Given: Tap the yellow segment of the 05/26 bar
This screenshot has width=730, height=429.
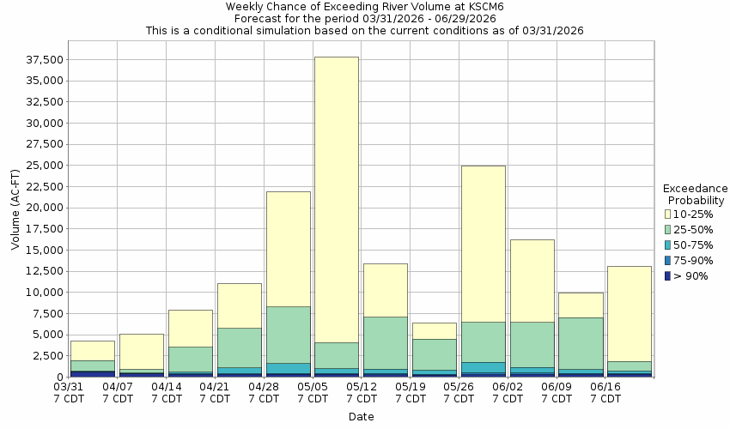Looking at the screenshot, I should click(x=483, y=244).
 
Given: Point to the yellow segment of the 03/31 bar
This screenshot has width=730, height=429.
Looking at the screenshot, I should click(x=93, y=351).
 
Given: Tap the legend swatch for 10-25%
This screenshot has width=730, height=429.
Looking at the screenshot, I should click(x=668, y=214).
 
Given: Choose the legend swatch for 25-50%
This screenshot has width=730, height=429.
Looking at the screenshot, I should click(x=668, y=229).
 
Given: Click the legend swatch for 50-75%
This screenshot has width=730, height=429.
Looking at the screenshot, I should click(x=668, y=245).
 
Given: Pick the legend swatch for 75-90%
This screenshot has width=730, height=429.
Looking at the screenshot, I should click(x=668, y=260).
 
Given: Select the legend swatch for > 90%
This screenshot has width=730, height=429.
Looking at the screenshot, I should click(x=668, y=275).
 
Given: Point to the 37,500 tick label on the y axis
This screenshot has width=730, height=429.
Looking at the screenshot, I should click(x=44, y=60).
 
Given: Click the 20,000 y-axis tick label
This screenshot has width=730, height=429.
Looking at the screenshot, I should click(x=44, y=208).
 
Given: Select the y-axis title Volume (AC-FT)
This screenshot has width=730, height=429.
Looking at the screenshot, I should click(x=15, y=208).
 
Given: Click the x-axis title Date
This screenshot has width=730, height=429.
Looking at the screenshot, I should click(x=361, y=417).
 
